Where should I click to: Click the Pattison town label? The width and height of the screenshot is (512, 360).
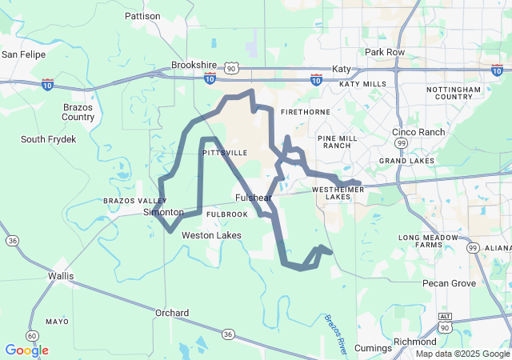pos(143,15)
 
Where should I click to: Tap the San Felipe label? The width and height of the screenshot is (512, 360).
pos(23,54)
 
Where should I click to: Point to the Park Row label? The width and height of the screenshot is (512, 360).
pos(385,52)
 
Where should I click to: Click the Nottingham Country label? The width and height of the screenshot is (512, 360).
pos(454,93)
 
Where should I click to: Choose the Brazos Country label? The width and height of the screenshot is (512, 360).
pos(78,111)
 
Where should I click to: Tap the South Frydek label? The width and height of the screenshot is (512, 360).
pos(49,139)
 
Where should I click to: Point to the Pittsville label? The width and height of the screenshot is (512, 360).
pos(225,152)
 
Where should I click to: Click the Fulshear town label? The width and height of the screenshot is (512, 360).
pos(254,198)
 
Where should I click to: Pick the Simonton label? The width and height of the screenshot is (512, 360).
pos(163,212)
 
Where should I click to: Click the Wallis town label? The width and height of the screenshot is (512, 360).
pos(61,276)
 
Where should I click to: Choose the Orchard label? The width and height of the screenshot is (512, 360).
pos(172,313)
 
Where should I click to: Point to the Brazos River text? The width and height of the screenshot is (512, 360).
pos(336,333)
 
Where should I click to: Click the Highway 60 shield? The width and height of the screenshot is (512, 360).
pos(31,335)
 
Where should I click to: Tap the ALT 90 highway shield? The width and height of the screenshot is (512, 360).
pos(445,326)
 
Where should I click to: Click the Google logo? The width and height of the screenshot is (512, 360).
pos(26,350)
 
